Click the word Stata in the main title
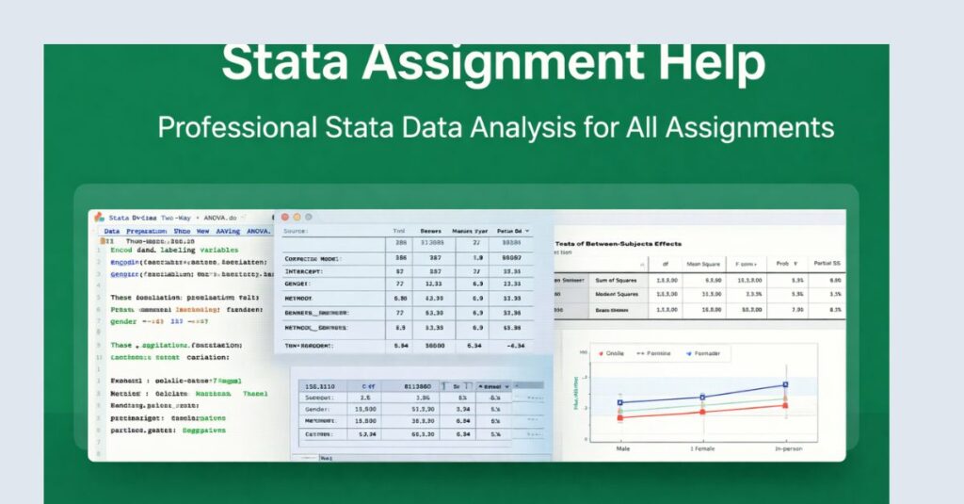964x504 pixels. (x=284, y=63)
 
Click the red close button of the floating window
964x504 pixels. (x=284, y=217)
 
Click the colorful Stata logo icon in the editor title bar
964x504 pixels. (x=99, y=217)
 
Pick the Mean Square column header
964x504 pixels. (x=704, y=265)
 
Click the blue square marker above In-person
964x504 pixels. (x=786, y=384)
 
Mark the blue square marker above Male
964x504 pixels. (x=619, y=403)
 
